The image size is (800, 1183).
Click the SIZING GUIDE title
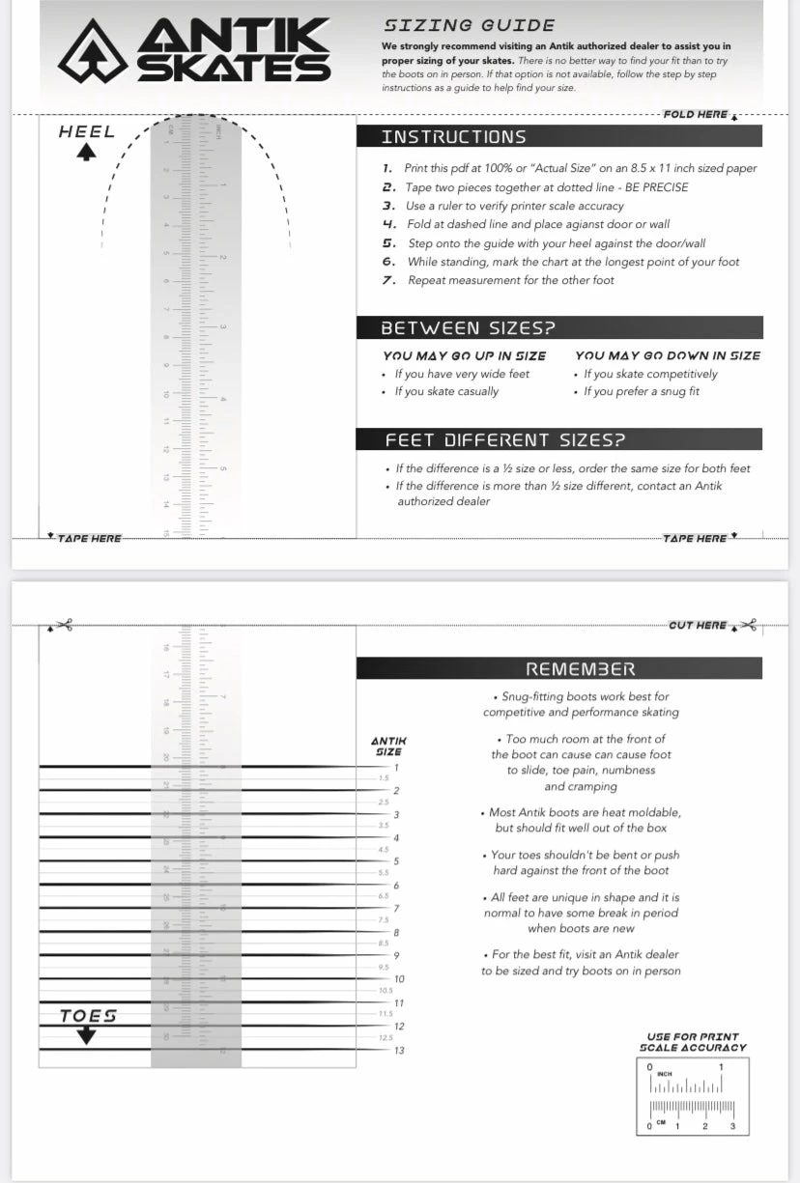point(469,25)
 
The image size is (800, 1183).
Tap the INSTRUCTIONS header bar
point(559,136)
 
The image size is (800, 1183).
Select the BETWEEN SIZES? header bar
point(559,327)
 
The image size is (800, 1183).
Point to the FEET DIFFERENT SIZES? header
point(559,439)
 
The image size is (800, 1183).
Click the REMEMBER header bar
point(559,668)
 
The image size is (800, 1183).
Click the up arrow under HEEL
point(87,154)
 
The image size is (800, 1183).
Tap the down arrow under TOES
point(87,1034)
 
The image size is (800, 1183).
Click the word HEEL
point(87,132)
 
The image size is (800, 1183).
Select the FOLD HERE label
point(695,114)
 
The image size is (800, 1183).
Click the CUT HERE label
point(698,625)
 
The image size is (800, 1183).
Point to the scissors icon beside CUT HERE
point(748,625)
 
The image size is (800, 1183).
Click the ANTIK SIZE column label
point(388,746)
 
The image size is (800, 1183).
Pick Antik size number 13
point(398,1050)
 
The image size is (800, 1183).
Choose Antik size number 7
point(396,909)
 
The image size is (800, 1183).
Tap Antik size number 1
point(396,768)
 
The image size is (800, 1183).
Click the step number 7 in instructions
point(388,280)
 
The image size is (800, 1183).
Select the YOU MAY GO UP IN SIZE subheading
point(465,355)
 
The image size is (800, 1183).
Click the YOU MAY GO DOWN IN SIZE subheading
point(668,355)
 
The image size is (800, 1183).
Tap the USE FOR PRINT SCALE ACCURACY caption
point(693,1042)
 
